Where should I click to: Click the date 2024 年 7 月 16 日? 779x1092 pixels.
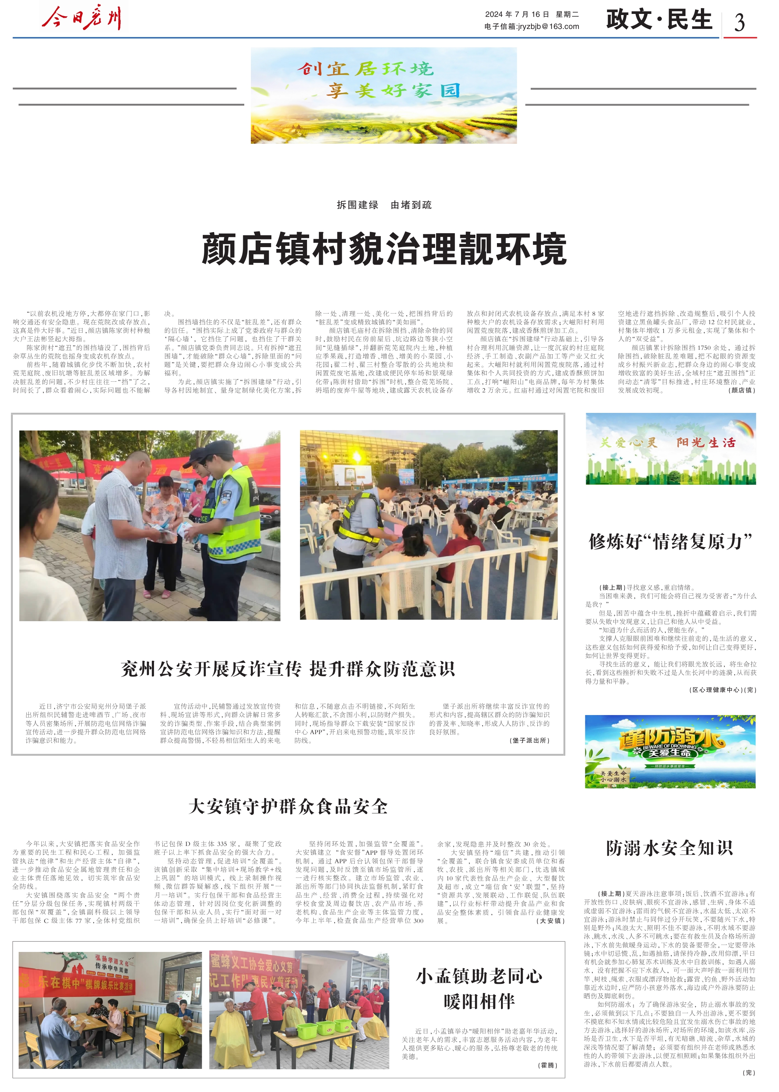click(x=517, y=14)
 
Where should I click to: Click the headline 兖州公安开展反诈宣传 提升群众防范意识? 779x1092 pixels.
click(x=288, y=668)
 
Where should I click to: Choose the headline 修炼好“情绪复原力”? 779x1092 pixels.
click(x=670, y=542)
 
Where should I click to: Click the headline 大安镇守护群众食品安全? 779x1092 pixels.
click(x=288, y=806)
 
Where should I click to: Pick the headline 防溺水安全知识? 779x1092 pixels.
click(x=670, y=848)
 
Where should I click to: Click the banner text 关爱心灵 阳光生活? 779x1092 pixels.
click(x=668, y=443)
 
